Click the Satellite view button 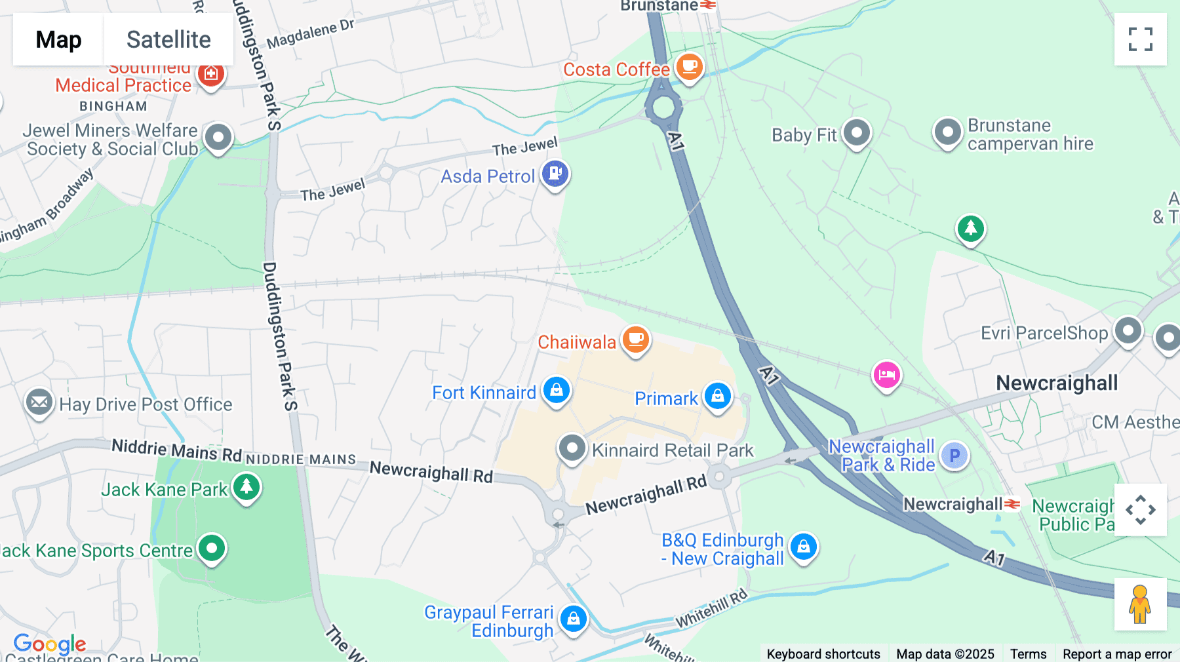pos(168,39)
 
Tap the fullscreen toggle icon pos(1140,39)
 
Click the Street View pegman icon pos(1140,604)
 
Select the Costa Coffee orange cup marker pos(689,67)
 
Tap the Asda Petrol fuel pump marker pos(555,174)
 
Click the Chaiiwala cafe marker pos(635,340)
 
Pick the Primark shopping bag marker pos(718,396)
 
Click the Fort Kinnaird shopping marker pos(557,391)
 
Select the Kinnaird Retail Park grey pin pos(572,448)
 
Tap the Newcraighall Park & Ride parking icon pos(954,456)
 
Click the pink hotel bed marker pos(886,375)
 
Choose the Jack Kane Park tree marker pos(246,487)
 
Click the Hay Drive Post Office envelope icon pos(39,402)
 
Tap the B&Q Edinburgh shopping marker pos(804,547)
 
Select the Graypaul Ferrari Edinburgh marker pos(574,618)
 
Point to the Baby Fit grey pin pos(856,133)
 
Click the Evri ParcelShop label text pos(1044,333)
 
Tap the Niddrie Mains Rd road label pos(176,450)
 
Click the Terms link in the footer pos(1028,653)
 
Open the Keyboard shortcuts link pos(823,653)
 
